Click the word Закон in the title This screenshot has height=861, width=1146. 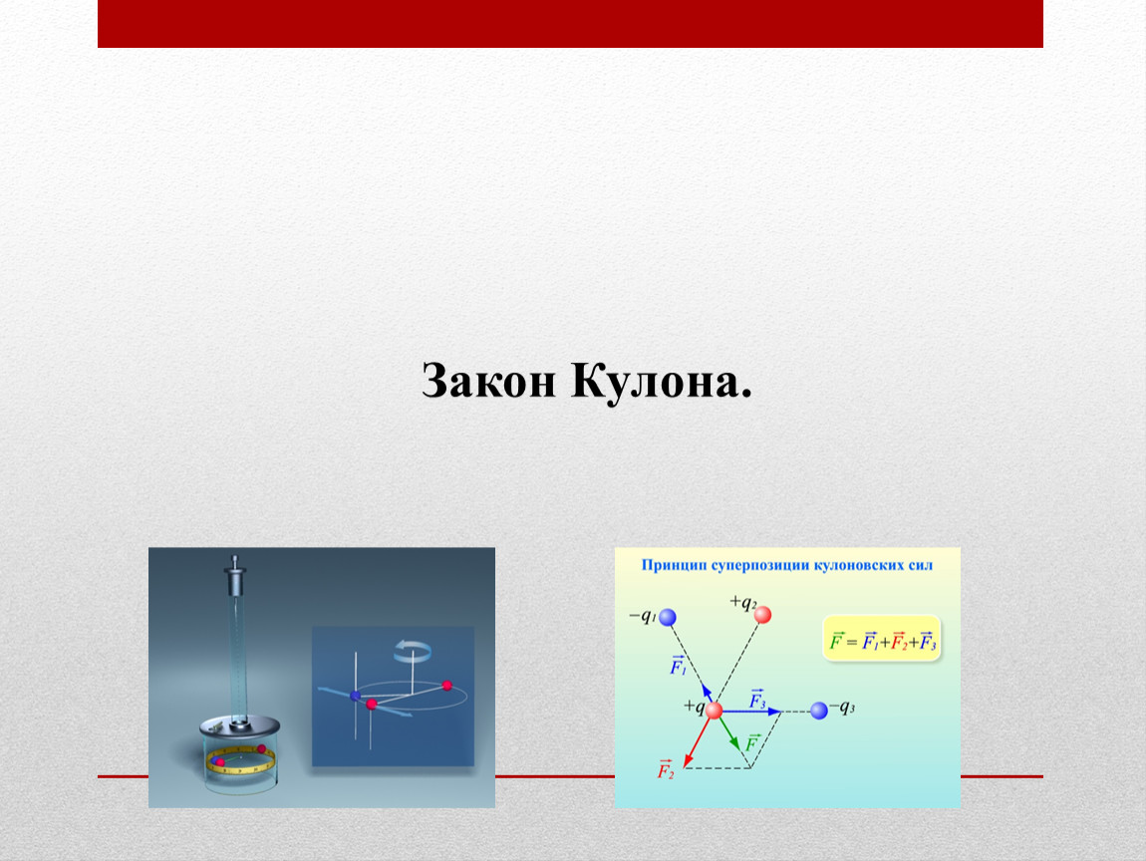488,381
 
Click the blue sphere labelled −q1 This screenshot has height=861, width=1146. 668,618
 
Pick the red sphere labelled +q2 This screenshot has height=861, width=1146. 762,615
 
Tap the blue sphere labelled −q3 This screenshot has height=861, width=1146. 819,710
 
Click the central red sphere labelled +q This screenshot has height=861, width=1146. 715,710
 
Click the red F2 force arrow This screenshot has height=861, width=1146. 698,741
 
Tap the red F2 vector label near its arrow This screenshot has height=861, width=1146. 665,769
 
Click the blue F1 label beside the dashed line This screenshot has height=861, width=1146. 679,666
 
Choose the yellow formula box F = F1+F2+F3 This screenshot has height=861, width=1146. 882,639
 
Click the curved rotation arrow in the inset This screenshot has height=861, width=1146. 413,649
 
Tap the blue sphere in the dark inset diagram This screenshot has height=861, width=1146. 355,696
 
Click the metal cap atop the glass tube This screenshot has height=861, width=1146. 234,577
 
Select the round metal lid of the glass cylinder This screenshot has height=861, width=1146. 240,726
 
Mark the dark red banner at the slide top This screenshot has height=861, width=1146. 570,23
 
